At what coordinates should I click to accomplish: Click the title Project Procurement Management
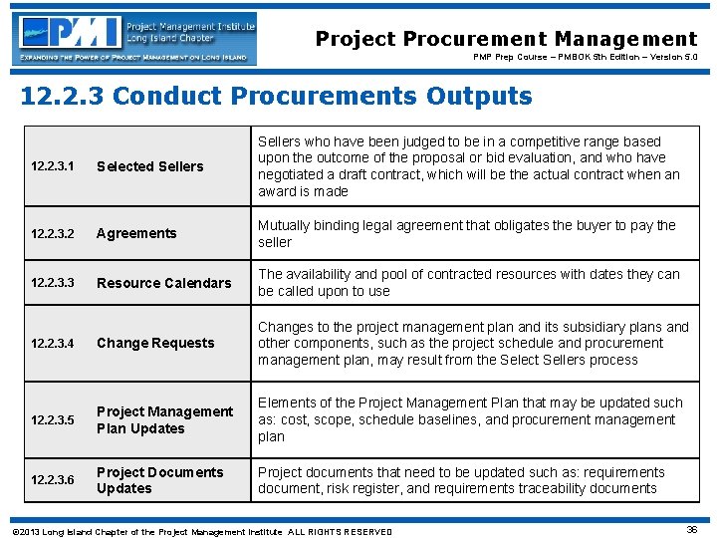(x=506, y=39)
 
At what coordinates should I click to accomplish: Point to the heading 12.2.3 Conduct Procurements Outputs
(x=277, y=97)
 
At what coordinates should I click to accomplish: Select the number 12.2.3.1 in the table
(x=53, y=166)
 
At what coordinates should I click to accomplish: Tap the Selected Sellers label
(x=149, y=166)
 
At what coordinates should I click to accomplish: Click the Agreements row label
(x=136, y=233)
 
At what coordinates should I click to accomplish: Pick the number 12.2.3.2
(x=53, y=233)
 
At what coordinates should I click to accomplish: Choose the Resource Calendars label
(x=163, y=283)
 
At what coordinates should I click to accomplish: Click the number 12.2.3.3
(x=53, y=283)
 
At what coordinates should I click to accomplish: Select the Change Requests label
(x=155, y=343)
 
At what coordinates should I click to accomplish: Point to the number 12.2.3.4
(x=53, y=343)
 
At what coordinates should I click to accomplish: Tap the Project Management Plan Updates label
(x=164, y=419)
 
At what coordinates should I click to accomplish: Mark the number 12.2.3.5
(x=53, y=419)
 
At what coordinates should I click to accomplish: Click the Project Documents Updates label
(x=159, y=480)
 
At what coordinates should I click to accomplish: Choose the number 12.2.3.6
(x=53, y=480)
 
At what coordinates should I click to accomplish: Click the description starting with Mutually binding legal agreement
(x=466, y=233)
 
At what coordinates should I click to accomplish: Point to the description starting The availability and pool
(x=468, y=283)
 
